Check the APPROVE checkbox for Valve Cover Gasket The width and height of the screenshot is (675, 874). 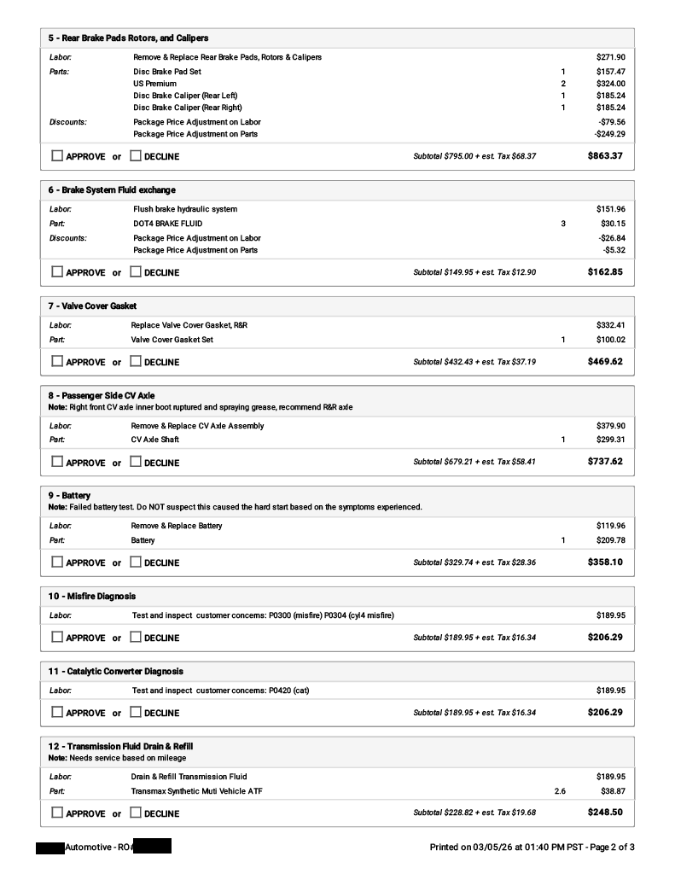pyautogui.click(x=57, y=362)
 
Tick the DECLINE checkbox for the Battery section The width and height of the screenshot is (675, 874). pyautogui.click(x=136, y=562)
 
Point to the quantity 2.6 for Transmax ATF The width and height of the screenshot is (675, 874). pyautogui.click(x=559, y=791)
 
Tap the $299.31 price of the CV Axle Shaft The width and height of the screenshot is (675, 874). pyautogui.click(x=610, y=440)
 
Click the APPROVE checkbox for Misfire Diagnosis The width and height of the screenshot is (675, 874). pyautogui.click(x=57, y=638)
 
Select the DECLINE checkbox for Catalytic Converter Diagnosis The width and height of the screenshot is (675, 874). pyautogui.click(x=136, y=713)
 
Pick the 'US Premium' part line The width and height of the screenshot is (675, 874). pyautogui.click(x=154, y=84)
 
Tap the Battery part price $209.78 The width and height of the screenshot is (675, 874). pyautogui.click(x=610, y=540)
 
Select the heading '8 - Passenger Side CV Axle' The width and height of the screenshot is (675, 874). pyautogui.click(x=102, y=396)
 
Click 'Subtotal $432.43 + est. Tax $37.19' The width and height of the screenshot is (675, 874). pyautogui.click(x=474, y=362)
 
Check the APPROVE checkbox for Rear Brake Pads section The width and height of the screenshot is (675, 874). pyautogui.click(x=57, y=156)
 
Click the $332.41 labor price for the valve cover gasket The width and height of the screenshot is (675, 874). pyautogui.click(x=610, y=325)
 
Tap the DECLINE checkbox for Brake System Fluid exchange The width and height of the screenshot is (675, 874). pyautogui.click(x=136, y=272)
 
